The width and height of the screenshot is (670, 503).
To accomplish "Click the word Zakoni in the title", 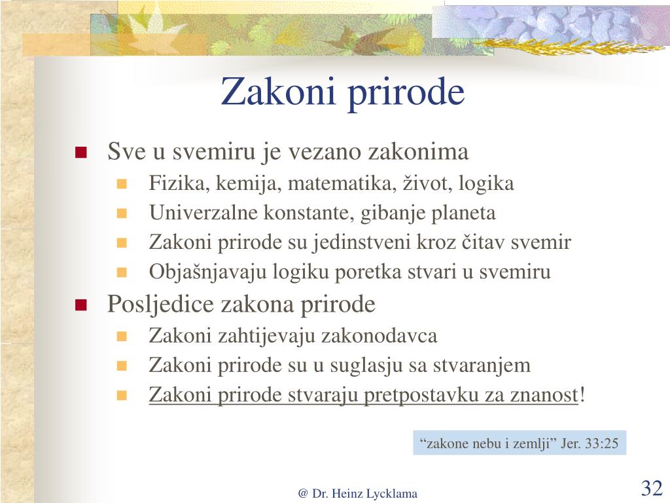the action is tap(277, 92).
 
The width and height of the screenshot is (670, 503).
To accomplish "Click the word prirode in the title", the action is tap(406, 93).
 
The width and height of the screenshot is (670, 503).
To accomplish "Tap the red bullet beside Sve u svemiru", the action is tap(80, 153).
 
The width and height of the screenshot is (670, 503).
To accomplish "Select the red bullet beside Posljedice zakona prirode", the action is tap(80, 305).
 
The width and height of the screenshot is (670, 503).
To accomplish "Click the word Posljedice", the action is tap(160, 305).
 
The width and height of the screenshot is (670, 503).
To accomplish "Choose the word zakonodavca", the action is tap(379, 335).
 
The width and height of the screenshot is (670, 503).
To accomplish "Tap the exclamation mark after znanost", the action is tap(582, 394).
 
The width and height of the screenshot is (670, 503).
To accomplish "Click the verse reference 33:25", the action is tap(601, 443).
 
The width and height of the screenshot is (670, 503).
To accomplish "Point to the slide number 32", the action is tap(652, 487).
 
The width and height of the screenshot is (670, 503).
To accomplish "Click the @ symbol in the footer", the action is tap(303, 494).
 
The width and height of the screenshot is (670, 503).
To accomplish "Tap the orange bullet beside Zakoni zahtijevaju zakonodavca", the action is tap(122, 336).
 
